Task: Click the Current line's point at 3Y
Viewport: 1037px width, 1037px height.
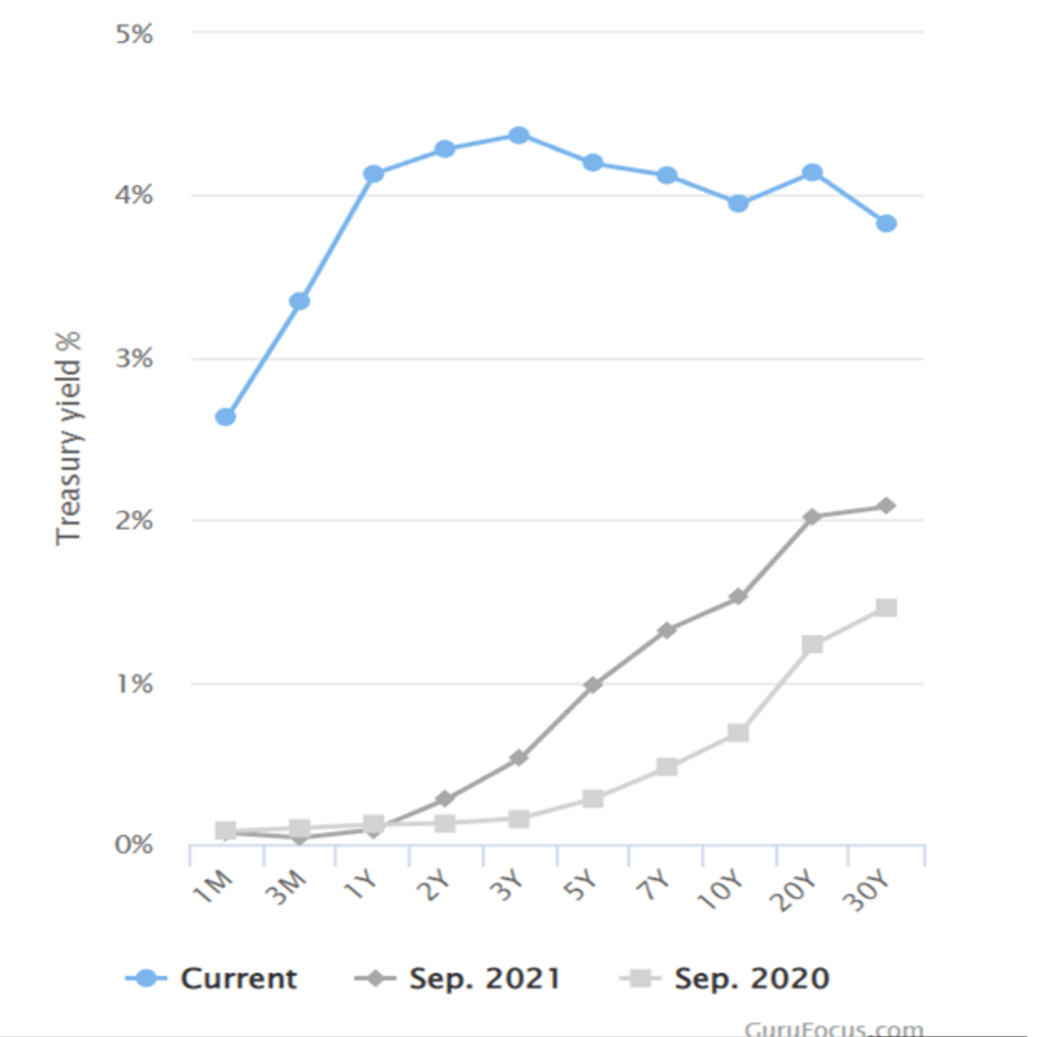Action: point(518,136)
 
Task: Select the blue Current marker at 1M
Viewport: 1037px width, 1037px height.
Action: point(225,417)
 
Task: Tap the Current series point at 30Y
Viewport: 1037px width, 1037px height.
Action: point(886,224)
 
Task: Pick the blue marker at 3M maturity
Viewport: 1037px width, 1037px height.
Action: point(300,301)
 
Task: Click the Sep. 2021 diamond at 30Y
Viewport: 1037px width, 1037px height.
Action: point(886,506)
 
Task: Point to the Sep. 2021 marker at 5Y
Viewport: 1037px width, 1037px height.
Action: point(592,684)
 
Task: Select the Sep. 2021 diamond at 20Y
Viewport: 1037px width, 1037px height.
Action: point(812,517)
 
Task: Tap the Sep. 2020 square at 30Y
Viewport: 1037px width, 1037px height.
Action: point(886,608)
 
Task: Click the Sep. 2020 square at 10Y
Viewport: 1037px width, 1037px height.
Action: point(738,733)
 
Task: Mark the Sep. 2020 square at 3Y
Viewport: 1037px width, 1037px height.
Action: point(518,819)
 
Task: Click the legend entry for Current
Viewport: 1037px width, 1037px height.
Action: point(238,979)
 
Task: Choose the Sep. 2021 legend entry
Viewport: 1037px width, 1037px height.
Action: point(484,979)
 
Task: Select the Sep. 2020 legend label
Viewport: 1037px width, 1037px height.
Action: point(751,979)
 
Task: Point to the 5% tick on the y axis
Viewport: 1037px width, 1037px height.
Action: point(134,34)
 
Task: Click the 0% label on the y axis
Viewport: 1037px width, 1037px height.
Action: point(134,845)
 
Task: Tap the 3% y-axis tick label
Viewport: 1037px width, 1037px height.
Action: point(134,359)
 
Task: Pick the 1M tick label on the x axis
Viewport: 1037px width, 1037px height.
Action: point(213,886)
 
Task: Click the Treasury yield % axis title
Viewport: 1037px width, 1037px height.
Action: point(68,438)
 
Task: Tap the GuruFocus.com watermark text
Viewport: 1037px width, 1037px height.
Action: point(833,1028)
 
